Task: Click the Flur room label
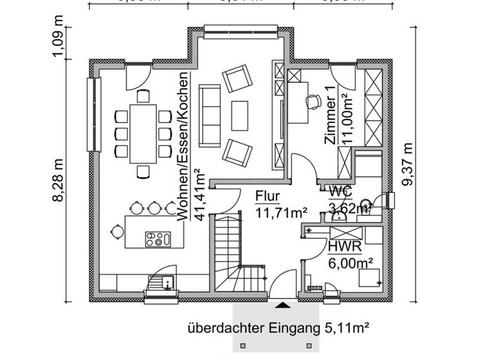(x=268, y=196)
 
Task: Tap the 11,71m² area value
(x=281, y=212)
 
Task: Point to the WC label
(x=340, y=191)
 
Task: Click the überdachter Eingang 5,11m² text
(x=278, y=328)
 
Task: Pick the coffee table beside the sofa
(x=240, y=114)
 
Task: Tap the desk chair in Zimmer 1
(x=313, y=101)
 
